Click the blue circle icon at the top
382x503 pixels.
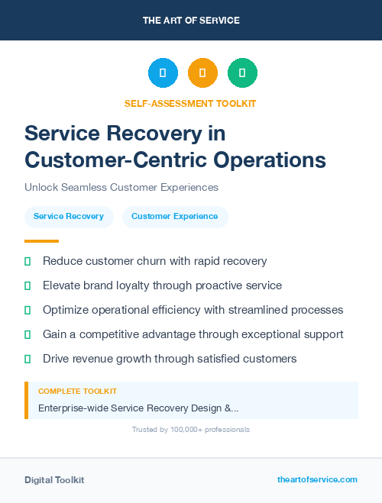pyautogui.click(x=163, y=73)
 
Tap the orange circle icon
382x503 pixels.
pyautogui.click(x=202, y=73)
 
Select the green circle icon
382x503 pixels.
pyautogui.click(x=242, y=73)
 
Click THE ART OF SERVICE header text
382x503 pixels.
pyautogui.click(x=191, y=21)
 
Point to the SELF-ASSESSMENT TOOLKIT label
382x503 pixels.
pyautogui.click(x=190, y=104)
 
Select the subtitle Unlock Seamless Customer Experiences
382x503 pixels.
pyautogui.click(x=121, y=187)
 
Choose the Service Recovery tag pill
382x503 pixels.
pyautogui.click(x=69, y=217)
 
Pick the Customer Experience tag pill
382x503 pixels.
pyautogui.click(x=175, y=217)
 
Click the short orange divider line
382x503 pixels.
pyautogui.click(x=41, y=241)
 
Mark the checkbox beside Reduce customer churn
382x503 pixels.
pyautogui.click(x=28, y=261)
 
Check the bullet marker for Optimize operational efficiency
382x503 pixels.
pyautogui.click(x=28, y=310)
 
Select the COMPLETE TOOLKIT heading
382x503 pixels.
pyautogui.click(x=77, y=392)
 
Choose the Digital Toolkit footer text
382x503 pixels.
pyautogui.click(x=54, y=479)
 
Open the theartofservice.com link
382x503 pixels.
pyautogui.click(x=317, y=479)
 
